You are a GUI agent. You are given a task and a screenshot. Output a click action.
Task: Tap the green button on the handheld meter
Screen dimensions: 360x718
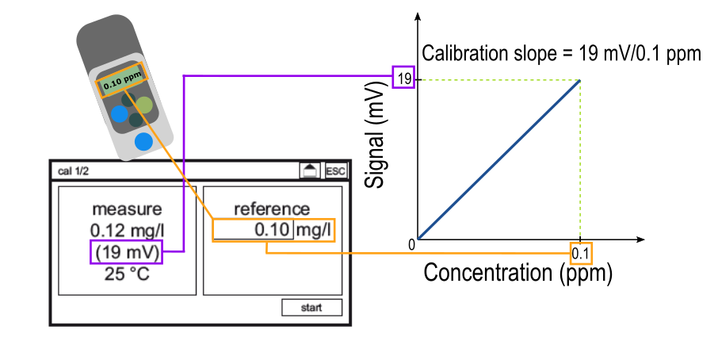click(x=143, y=105)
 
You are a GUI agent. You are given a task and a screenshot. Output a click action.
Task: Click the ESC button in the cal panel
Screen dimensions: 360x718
click(x=336, y=170)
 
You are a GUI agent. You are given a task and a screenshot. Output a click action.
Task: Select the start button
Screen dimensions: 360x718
click(x=311, y=308)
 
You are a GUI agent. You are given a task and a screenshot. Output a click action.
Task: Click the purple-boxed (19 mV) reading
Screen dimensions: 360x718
click(x=127, y=253)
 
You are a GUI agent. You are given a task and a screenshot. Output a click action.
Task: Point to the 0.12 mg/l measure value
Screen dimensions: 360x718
click(x=127, y=231)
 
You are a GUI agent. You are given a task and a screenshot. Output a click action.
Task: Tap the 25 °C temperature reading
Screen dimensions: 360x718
click(x=127, y=275)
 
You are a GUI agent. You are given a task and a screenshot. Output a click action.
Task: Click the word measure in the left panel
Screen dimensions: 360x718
click(x=127, y=209)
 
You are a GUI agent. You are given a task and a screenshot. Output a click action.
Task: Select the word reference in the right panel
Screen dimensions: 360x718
click(x=272, y=209)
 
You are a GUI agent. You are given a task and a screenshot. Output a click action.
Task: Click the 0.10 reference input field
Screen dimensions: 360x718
click(x=254, y=230)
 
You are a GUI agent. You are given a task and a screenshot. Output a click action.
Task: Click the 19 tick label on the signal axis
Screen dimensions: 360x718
click(x=403, y=79)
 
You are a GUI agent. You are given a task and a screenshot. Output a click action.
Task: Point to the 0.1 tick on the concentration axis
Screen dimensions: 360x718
click(x=581, y=253)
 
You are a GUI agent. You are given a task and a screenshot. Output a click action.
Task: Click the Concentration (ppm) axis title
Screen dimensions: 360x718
click(x=518, y=274)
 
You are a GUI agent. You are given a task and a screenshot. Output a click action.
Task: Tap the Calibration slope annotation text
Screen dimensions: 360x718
click(x=561, y=54)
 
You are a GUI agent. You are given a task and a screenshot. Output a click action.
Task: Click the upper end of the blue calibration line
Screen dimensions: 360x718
click(x=580, y=80)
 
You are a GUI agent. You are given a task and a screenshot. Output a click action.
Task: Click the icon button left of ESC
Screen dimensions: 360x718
click(x=310, y=170)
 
